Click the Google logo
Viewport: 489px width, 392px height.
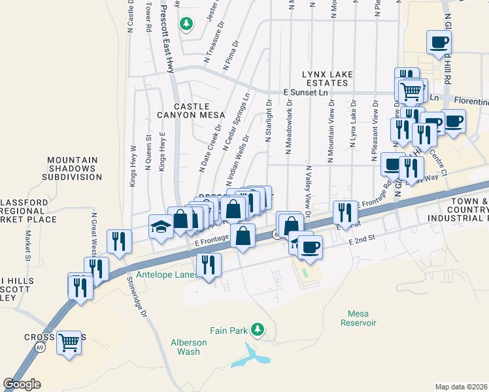[x=22, y=384]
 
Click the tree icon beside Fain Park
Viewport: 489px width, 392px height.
[x=259, y=328]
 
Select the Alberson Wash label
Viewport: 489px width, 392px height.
[x=188, y=346]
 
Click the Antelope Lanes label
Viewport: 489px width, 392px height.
[x=167, y=274]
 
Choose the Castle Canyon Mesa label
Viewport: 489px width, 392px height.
[x=192, y=110]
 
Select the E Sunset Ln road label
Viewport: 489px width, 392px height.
[x=306, y=93]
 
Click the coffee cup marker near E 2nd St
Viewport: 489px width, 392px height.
[x=310, y=247]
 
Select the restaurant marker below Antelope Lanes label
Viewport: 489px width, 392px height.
[x=209, y=265]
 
